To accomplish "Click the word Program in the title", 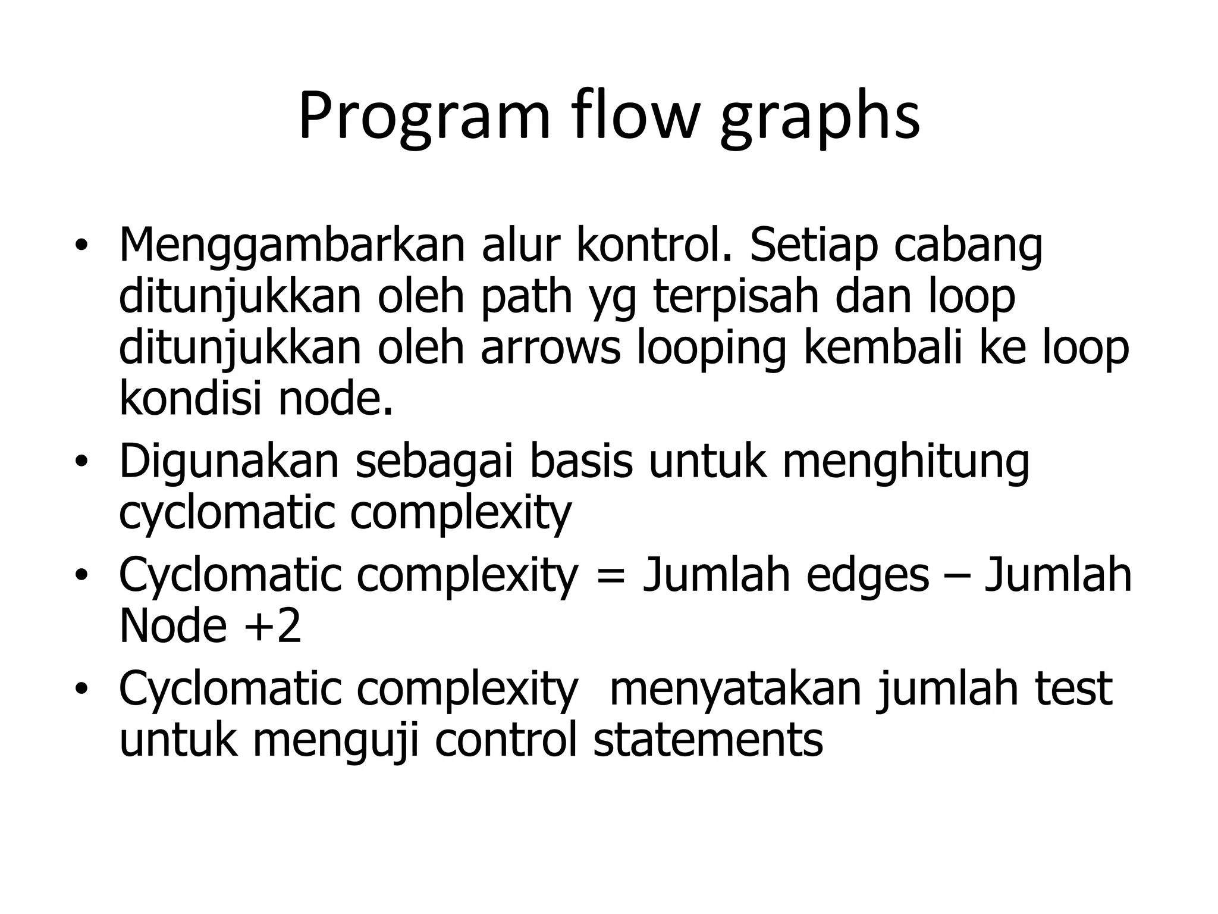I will point(424,117).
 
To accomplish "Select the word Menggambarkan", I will point(291,245).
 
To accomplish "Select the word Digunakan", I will point(229,461).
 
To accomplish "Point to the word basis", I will point(581,461).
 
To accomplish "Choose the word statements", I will point(708,740).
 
